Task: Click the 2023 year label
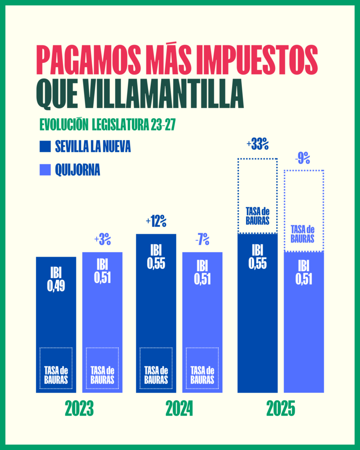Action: point(79,409)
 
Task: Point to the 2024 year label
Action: point(179,409)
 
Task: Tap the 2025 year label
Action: point(280,409)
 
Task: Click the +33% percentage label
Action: point(258,144)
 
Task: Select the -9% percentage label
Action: point(303,158)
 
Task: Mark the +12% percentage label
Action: point(156,221)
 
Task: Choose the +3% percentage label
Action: point(102,240)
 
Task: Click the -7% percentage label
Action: point(202,240)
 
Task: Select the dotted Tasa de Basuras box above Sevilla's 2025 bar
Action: point(258,196)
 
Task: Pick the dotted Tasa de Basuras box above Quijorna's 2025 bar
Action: point(304,211)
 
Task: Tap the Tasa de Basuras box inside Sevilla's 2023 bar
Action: point(56,368)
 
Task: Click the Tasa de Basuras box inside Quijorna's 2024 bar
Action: point(202,368)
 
